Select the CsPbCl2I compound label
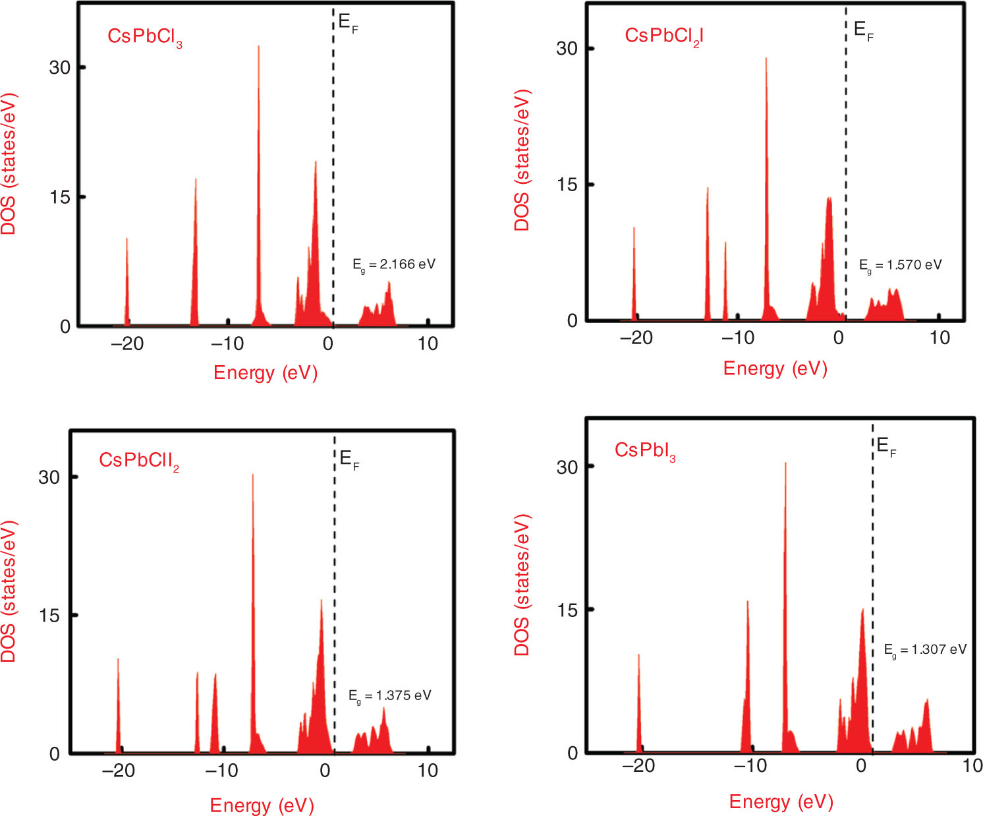tap(664, 37)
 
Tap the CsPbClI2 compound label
tap(139, 461)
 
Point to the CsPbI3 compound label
tap(645, 451)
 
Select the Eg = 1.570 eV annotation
tap(900, 266)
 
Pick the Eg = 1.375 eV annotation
tap(389, 697)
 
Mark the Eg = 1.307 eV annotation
tap(925, 651)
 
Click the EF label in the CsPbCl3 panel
tap(348, 23)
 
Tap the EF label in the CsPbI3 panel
tap(886, 448)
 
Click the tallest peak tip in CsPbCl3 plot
tap(258, 47)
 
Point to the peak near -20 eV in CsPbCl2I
tap(634, 228)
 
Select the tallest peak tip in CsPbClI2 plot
tap(252, 475)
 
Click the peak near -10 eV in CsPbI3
tap(747, 601)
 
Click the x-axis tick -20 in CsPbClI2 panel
tap(119, 771)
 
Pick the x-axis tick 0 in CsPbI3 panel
tap(861, 766)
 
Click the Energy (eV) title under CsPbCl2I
tap(775, 368)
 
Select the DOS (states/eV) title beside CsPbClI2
tap(9, 591)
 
